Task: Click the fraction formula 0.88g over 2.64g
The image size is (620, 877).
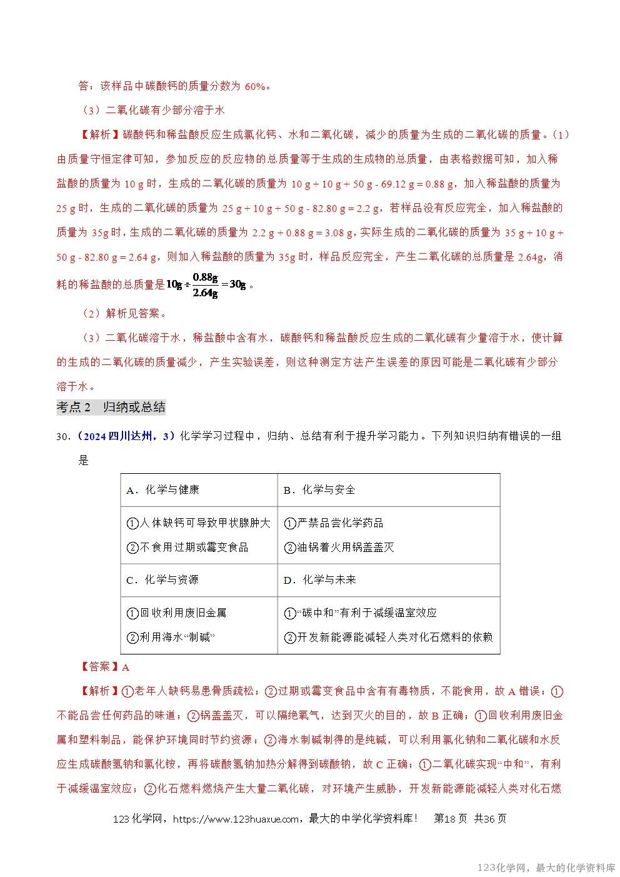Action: click(x=206, y=285)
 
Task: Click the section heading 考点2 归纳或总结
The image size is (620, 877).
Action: click(x=111, y=408)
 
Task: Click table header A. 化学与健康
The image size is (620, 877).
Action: click(x=162, y=490)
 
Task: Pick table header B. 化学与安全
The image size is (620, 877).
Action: click(x=319, y=490)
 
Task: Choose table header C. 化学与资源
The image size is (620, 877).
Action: click(x=162, y=580)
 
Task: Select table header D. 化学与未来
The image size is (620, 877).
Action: click(x=319, y=580)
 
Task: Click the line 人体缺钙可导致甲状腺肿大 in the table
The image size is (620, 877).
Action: click(x=199, y=523)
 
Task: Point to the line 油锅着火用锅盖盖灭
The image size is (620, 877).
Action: click(x=339, y=548)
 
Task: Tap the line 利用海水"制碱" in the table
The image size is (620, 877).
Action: click(x=171, y=638)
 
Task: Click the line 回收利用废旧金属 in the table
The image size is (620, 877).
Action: click(x=176, y=613)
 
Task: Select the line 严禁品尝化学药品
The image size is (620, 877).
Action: click(x=333, y=523)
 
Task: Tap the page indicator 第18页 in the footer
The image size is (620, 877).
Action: click(x=450, y=819)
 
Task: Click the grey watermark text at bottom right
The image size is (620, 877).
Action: click(x=546, y=868)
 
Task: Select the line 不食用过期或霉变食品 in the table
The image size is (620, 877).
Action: click(x=187, y=548)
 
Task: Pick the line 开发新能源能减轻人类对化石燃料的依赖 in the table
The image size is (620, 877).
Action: click(x=388, y=638)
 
